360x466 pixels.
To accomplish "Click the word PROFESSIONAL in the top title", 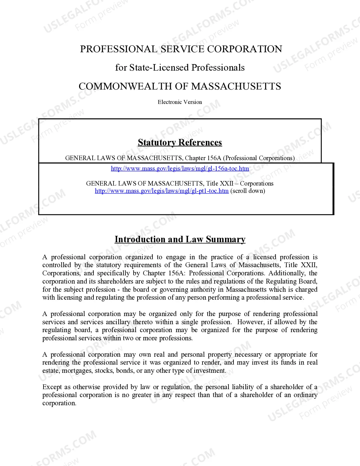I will [118, 49].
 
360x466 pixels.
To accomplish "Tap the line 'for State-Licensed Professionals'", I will [180, 67].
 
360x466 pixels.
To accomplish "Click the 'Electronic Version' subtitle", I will [180, 102].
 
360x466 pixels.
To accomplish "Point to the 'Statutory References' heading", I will [180, 142].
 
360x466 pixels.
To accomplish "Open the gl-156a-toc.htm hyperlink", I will [180, 169].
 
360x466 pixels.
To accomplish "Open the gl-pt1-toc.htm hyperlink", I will [162, 191].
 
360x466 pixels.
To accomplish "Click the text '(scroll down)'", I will [248, 191].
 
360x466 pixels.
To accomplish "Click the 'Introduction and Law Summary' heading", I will [180, 239].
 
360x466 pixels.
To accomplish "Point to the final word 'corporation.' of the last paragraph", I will [59, 403].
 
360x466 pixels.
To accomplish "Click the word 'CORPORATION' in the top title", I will [245, 49].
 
